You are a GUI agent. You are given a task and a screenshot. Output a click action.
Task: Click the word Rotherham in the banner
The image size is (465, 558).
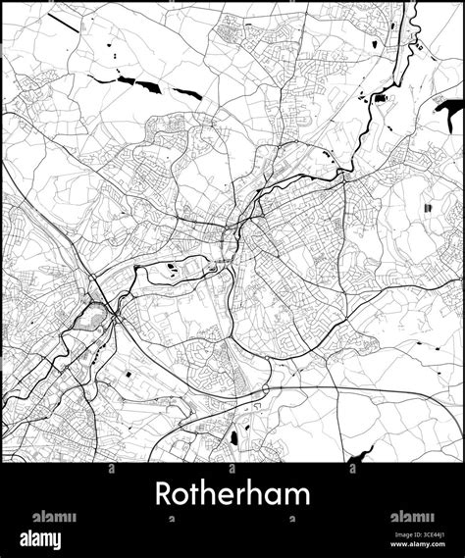(x=232, y=493)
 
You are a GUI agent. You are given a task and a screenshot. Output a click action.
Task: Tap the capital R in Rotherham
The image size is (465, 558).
(x=162, y=494)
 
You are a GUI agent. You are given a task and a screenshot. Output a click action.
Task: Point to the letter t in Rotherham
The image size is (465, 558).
(x=195, y=494)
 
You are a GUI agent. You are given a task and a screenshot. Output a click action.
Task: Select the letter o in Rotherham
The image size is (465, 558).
(x=181, y=496)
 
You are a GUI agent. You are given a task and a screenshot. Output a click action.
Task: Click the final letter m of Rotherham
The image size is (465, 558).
(x=295, y=496)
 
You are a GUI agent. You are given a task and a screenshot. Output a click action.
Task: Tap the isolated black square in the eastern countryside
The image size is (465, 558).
(x=430, y=209)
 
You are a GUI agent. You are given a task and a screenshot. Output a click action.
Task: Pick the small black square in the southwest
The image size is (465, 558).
(x=129, y=376)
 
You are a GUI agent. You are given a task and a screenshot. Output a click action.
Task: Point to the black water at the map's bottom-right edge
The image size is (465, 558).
(x=363, y=454)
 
